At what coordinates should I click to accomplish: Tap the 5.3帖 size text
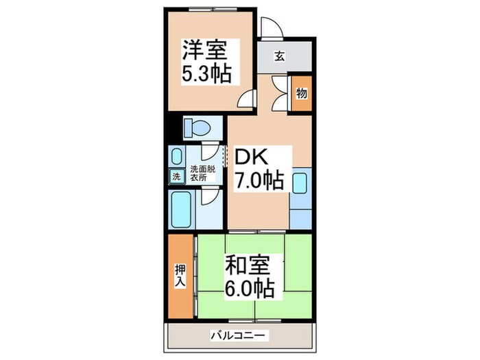206,72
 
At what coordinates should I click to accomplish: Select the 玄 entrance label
280,56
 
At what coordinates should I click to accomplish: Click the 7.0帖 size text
259,181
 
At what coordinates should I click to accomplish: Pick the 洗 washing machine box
176,176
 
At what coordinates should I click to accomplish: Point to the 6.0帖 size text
251,287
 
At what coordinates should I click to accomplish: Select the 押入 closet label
180,275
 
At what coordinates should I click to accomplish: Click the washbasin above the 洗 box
176,157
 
